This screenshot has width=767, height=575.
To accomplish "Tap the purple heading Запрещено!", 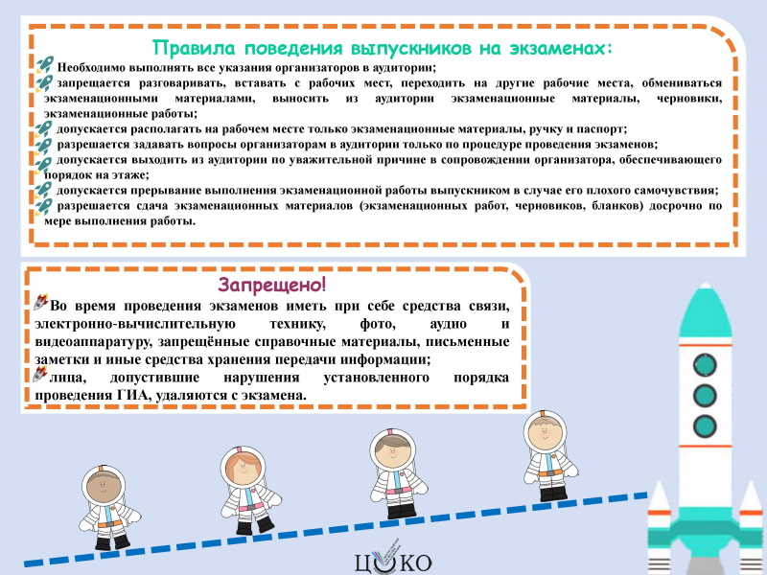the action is (x=272, y=284).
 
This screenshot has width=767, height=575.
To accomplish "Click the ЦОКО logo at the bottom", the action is (x=393, y=559).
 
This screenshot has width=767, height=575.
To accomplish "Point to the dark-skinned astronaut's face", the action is (x=104, y=487).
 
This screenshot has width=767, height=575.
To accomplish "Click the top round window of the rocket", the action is (x=705, y=365).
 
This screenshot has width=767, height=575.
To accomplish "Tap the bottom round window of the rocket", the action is (x=705, y=425).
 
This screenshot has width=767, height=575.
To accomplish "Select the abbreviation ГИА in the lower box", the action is (x=132, y=395).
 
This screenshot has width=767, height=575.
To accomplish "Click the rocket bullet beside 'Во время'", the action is (x=41, y=302).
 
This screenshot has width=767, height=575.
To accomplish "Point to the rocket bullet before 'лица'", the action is (x=40, y=374).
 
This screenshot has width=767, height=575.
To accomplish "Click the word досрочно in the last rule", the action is (x=676, y=206).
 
